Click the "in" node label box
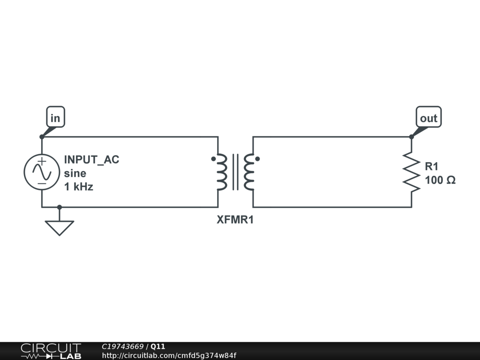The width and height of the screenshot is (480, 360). click(x=55, y=118)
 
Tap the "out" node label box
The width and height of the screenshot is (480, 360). click(x=428, y=118)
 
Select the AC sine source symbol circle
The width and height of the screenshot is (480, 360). click(x=42, y=172)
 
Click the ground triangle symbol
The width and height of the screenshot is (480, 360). click(x=60, y=227)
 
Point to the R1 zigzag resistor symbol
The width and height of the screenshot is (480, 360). click(x=412, y=172)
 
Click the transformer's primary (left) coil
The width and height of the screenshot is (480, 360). click(x=221, y=172)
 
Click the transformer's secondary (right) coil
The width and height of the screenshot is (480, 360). click(x=249, y=172)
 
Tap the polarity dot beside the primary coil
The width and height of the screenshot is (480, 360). click(x=213, y=158)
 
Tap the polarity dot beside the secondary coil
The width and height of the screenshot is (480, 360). click(x=257, y=158)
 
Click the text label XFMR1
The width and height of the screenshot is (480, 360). click(x=235, y=219)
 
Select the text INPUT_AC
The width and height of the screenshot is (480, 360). click(x=91, y=159)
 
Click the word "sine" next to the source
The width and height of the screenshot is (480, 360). click(x=75, y=173)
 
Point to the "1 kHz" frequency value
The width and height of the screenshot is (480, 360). click(x=78, y=187)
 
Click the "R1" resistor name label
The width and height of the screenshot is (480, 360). click(x=431, y=166)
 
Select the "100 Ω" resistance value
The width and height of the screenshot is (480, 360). click(x=440, y=180)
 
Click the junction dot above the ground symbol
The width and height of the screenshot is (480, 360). click(x=60, y=207)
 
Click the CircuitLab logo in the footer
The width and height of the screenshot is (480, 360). click(x=51, y=351)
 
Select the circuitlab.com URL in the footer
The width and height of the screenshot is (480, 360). click(x=169, y=355)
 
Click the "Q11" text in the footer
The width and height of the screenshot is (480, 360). click(x=158, y=347)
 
